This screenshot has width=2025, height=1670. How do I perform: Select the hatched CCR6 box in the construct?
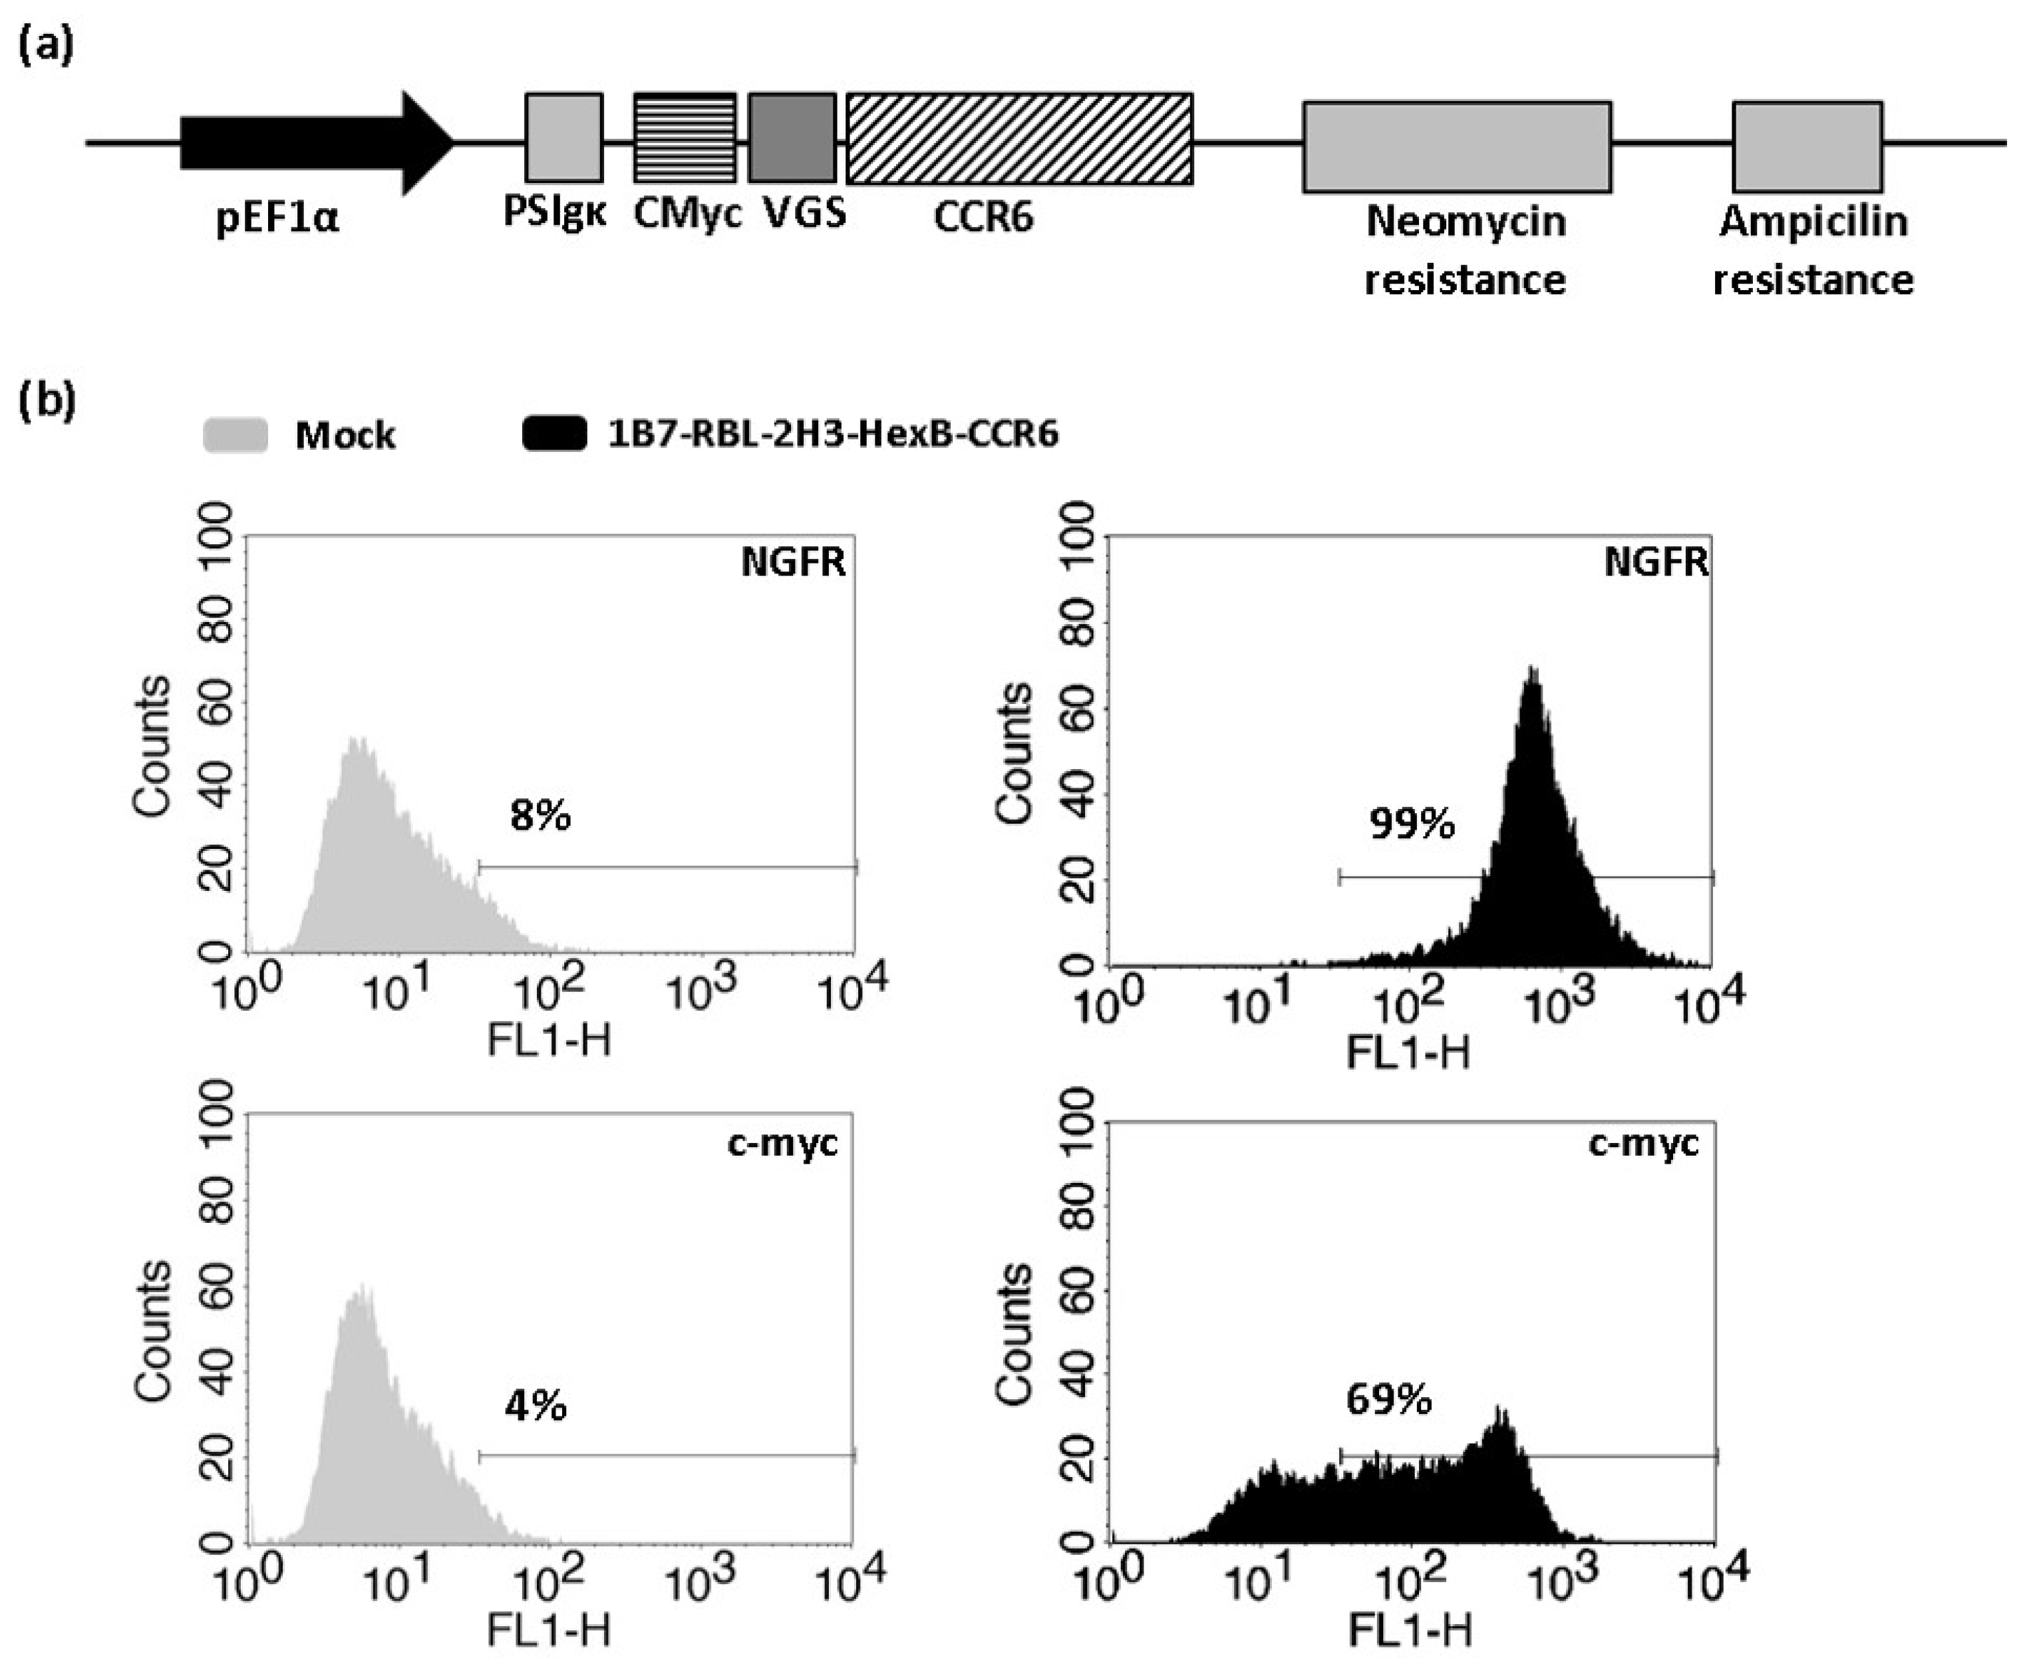click(1018, 138)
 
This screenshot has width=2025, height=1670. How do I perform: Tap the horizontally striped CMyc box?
click(684, 138)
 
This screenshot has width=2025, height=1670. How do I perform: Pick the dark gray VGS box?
click(792, 138)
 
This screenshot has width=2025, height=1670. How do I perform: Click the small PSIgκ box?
click(563, 138)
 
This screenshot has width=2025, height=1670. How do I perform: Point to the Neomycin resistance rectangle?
click(1456, 147)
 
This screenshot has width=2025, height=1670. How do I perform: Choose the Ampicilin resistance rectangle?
click(1807, 147)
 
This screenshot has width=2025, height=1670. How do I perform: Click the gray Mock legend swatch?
click(235, 435)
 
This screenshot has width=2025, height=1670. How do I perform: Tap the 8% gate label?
click(540, 816)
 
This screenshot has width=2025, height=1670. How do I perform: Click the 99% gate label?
click(1411, 824)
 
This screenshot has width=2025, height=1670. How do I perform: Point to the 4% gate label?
click(535, 1407)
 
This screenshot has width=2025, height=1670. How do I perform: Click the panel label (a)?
click(46, 46)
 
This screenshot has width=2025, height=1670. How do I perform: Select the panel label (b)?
click(46, 400)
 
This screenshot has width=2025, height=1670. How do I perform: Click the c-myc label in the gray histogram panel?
click(782, 1144)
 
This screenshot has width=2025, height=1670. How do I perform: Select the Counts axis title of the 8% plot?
click(152, 747)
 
